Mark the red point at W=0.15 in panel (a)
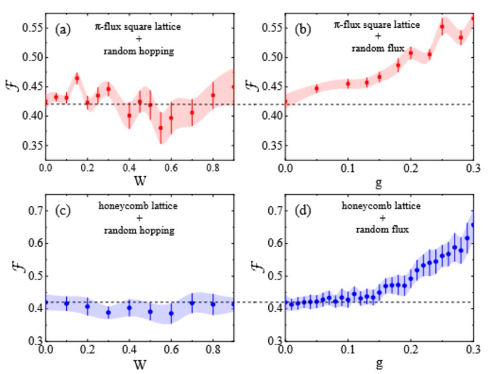pos(77,78)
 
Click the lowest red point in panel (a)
pos(161,128)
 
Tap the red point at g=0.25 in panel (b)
pos(442,27)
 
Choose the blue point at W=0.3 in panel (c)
pos(108,312)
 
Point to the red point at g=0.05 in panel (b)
pos(317,88)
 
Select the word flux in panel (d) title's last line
pos(401,229)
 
